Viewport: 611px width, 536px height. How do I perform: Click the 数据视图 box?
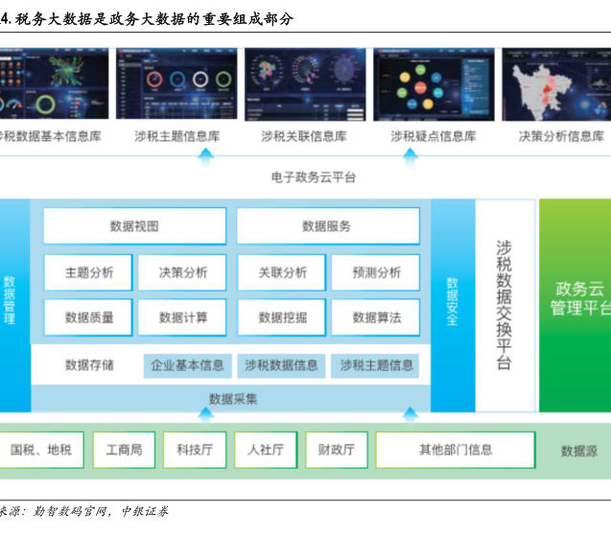134,226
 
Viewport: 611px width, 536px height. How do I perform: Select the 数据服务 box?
327,226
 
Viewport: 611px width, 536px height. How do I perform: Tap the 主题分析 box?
88,272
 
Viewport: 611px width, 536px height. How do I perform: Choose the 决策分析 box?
182,272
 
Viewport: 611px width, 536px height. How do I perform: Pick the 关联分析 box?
283,272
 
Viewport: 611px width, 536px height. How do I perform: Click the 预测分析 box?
376,272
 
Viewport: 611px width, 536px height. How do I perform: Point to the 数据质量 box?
88,317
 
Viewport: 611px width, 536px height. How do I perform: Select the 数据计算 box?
182,317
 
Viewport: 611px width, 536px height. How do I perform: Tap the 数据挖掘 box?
283,317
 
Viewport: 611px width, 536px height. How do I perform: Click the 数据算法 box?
376,317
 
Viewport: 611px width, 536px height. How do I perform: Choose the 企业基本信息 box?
187,365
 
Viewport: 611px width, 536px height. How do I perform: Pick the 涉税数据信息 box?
281,365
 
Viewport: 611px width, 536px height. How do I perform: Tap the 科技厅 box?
195,449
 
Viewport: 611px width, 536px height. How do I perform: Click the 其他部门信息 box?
456,449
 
